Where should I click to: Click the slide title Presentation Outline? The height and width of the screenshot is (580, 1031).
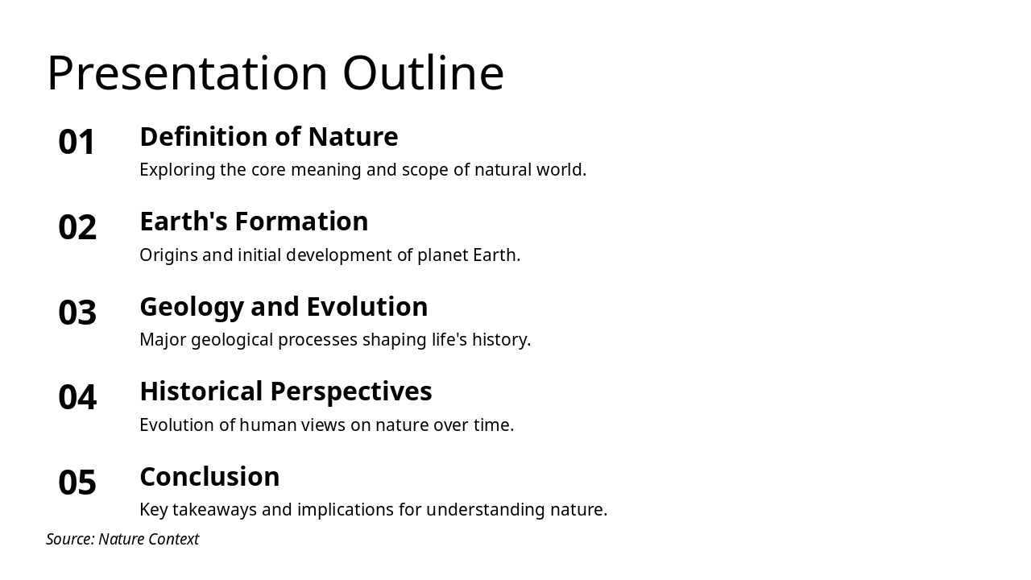[275, 73]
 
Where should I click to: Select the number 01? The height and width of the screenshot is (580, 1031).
[77, 143]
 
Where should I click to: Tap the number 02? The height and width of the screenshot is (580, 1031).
[77, 228]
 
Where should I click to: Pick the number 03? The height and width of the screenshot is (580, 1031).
[77, 313]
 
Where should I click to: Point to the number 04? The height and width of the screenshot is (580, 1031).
[77, 398]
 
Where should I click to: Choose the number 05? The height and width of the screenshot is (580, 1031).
[77, 483]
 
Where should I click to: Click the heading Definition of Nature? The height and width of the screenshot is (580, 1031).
[268, 137]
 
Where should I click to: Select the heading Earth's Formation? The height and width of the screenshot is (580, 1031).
[254, 222]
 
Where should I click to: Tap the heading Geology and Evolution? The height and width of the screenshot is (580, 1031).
[284, 307]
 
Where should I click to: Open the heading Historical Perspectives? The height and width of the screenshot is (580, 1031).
[285, 391]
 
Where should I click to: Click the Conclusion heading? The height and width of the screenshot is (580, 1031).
[209, 477]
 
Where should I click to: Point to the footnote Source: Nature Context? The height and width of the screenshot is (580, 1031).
[122, 539]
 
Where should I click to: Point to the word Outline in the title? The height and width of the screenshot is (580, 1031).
[423, 73]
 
